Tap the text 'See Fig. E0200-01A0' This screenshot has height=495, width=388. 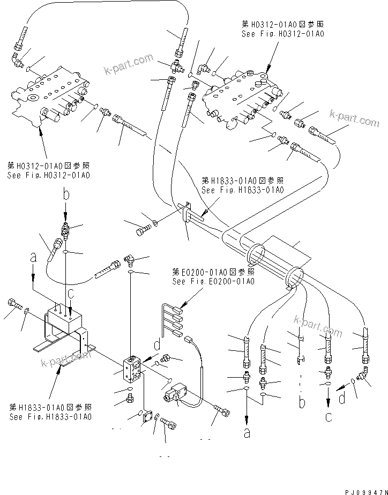point(213,281)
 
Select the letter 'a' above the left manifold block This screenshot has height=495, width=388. point(34,258)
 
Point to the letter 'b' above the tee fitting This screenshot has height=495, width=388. point(65,195)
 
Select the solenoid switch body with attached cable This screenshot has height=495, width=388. point(175,395)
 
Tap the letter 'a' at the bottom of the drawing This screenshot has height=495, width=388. point(247,433)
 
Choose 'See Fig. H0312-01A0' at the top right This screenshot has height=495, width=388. point(283,34)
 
